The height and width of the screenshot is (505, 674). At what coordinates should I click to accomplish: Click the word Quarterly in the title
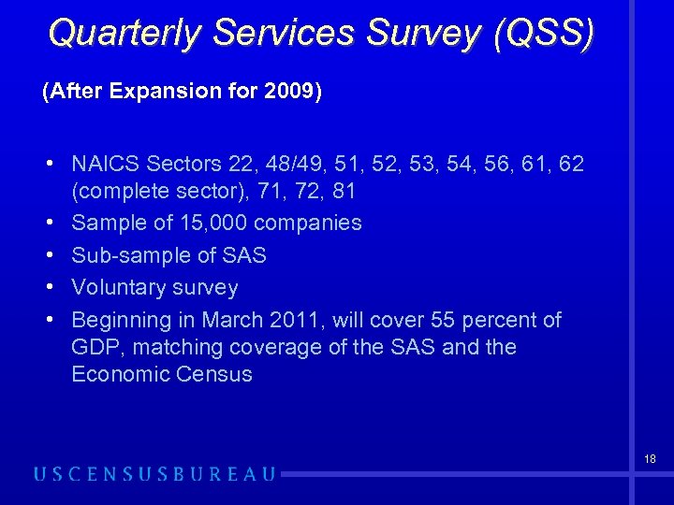pos(125,33)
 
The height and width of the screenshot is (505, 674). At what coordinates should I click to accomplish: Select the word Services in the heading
pos(280,33)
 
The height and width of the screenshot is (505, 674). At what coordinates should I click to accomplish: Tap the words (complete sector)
pos(154,192)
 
